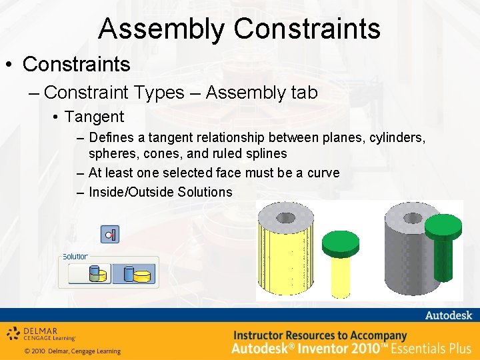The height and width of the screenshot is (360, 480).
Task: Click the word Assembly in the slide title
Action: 162,29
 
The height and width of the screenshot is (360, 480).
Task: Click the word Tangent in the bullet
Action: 94,117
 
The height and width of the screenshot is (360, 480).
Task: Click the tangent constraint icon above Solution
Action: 110,235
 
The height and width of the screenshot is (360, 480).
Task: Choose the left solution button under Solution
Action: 90,273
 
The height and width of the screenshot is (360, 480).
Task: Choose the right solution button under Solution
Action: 133,273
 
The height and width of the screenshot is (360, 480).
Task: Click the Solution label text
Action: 75,257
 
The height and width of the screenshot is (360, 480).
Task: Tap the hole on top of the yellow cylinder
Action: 286,217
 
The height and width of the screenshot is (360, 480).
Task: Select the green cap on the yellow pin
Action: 340,244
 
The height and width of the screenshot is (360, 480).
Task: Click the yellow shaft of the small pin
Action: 340,277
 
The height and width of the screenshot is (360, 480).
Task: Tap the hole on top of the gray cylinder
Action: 412,217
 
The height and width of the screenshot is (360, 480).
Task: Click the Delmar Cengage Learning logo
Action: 41,333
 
